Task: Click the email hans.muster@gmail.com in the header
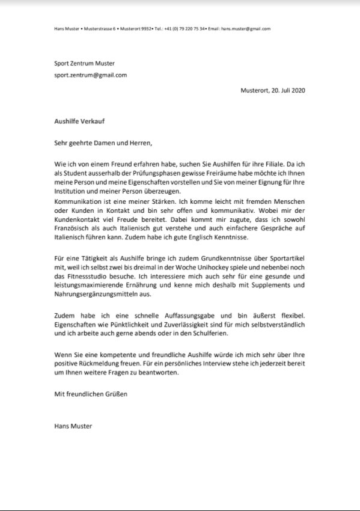point(246,28)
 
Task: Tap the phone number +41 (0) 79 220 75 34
point(180,28)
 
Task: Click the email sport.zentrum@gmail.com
point(90,75)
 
